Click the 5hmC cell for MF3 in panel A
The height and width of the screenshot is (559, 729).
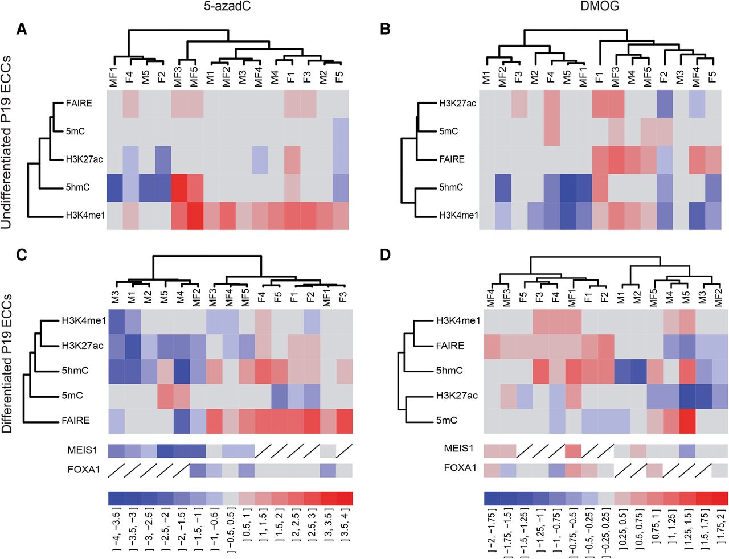pos(180,187)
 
